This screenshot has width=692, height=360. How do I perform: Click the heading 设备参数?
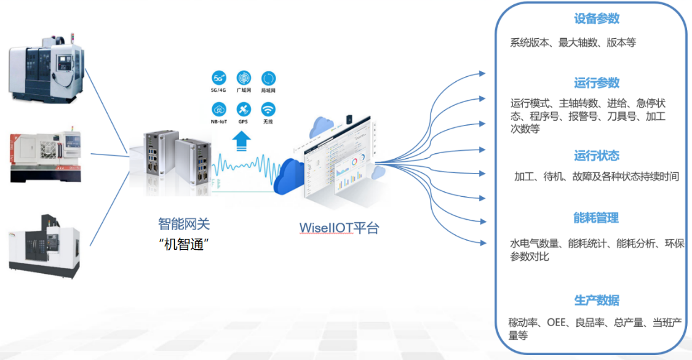pos(597,19)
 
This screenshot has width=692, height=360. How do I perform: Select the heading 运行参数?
pos(597,83)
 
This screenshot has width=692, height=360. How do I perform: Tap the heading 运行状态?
pos(597,156)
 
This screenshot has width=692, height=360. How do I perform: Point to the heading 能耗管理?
pos(596,218)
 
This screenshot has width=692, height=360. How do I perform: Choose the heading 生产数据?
pos(597,300)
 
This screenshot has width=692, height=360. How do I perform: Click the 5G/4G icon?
pos(219,78)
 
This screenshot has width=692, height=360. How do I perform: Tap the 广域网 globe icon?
pos(244,78)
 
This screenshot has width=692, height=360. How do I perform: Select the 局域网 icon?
pos(268,78)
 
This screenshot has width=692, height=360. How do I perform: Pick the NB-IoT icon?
pos(219,110)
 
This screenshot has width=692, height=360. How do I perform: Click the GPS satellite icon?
pos(244,110)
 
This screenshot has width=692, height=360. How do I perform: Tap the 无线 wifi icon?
pos(268,110)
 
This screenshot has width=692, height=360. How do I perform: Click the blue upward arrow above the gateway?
pos(242,141)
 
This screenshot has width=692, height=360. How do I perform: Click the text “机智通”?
pos(184,244)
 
